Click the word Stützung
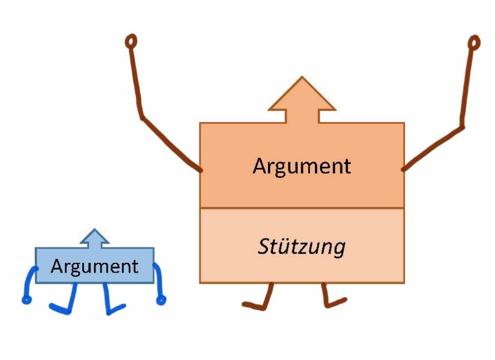coord(302,247)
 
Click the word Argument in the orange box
coord(302,167)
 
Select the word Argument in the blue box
coord(94,267)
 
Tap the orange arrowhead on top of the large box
coord(302,94)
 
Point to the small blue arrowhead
coord(94,236)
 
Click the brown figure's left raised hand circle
coord(131,41)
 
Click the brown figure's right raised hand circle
coord(474,43)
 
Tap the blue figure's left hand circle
coord(27,300)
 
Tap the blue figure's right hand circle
coord(161,300)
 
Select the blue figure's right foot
coord(116,310)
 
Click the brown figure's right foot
coord(336,303)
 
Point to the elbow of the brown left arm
coord(142,118)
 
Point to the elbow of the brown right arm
coord(462,127)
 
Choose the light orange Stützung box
coord(302,246)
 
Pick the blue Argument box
coord(94,266)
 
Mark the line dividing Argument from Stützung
coord(302,208)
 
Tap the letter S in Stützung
coord(264,246)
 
